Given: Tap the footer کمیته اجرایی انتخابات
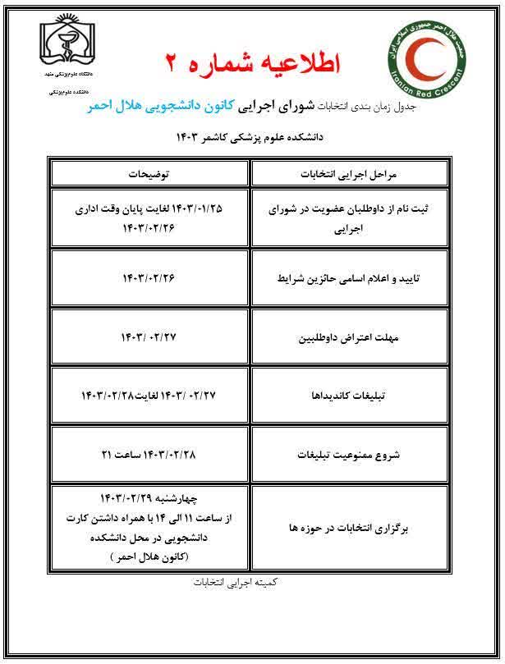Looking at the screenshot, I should [251, 583].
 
